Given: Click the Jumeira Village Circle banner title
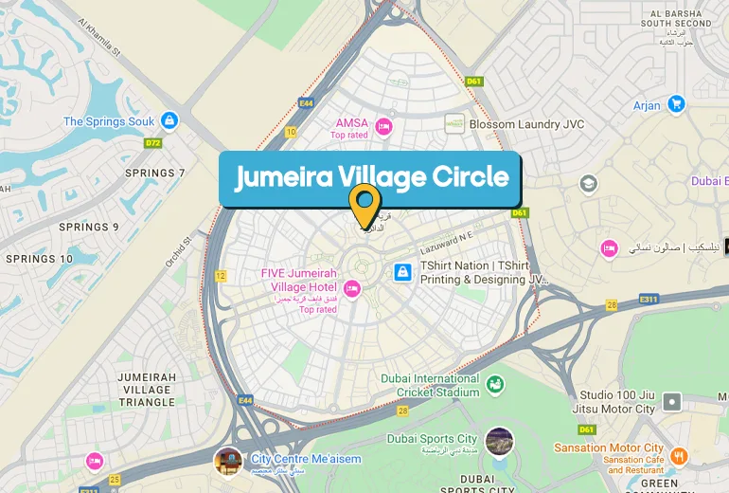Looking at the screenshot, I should (x=371, y=177).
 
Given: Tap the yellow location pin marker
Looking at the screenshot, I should (x=364, y=203).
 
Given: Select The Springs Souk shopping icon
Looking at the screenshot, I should (x=169, y=120).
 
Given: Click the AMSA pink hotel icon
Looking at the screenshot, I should (x=383, y=124).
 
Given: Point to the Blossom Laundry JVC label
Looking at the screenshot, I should (x=527, y=124).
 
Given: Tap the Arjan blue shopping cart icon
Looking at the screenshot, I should (x=675, y=104).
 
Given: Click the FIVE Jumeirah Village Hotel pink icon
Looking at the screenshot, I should (x=351, y=288).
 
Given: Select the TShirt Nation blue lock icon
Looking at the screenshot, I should (x=402, y=273).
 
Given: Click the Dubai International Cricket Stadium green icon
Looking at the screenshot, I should (x=495, y=384).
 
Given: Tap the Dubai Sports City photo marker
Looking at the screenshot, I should (x=499, y=441).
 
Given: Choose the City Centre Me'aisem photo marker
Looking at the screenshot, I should (x=228, y=462).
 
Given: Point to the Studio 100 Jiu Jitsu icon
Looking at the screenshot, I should (x=671, y=401).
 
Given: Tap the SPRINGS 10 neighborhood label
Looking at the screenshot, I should (x=39, y=259).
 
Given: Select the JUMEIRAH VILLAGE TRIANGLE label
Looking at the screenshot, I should (x=147, y=390).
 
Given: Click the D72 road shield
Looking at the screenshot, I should (x=152, y=143).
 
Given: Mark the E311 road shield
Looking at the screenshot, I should (x=649, y=300).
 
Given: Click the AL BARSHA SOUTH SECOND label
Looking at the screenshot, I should (x=676, y=18).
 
